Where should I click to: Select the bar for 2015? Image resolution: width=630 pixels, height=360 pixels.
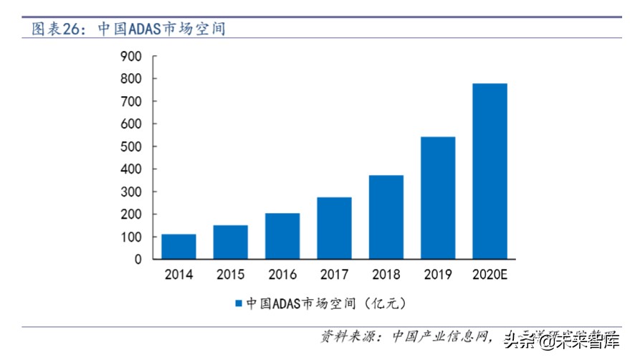pyautogui.click(x=230, y=242)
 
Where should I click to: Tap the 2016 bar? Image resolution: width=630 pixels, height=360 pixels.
pyautogui.click(x=282, y=236)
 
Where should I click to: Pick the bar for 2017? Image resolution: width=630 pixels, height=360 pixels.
pyautogui.click(x=334, y=228)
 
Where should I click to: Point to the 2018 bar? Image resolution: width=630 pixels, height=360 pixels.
pyautogui.click(x=386, y=217)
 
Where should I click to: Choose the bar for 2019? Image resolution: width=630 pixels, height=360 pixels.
pyautogui.click(x=438, y=198)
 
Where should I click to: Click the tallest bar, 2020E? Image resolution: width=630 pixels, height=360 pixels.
pyautogui.click(x=490, y=171)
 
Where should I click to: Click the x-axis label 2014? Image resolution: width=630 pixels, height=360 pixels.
pyautogui.click(x=178, y=275)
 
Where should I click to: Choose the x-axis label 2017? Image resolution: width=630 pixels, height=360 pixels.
pyautogui.click(x=334, y=275)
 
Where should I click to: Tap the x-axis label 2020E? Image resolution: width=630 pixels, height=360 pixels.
pyautogui.click(x=490, y=275)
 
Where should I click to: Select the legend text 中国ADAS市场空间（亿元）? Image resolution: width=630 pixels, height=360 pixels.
pyautogui.click(x=326, y=303)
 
